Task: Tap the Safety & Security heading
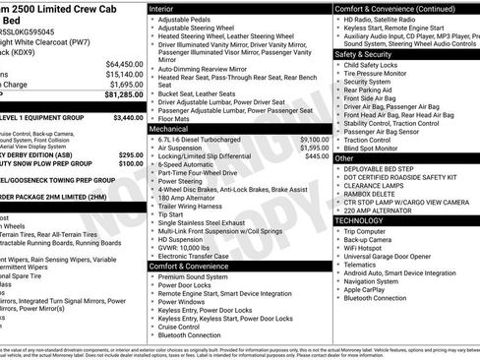click(370, 54)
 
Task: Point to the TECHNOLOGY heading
click(361, 221)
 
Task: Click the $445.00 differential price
click(316, 156)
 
